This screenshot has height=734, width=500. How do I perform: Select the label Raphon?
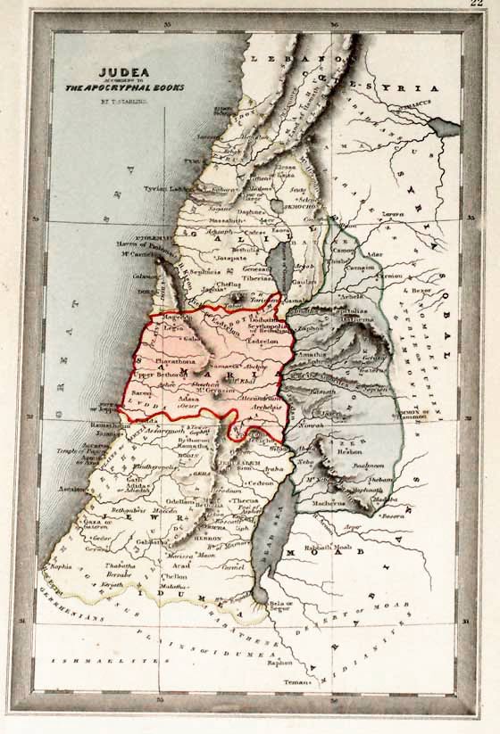(279, 663)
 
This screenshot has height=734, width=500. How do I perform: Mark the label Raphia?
(61, 565)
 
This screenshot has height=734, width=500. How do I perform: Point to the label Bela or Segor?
(281, 606)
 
